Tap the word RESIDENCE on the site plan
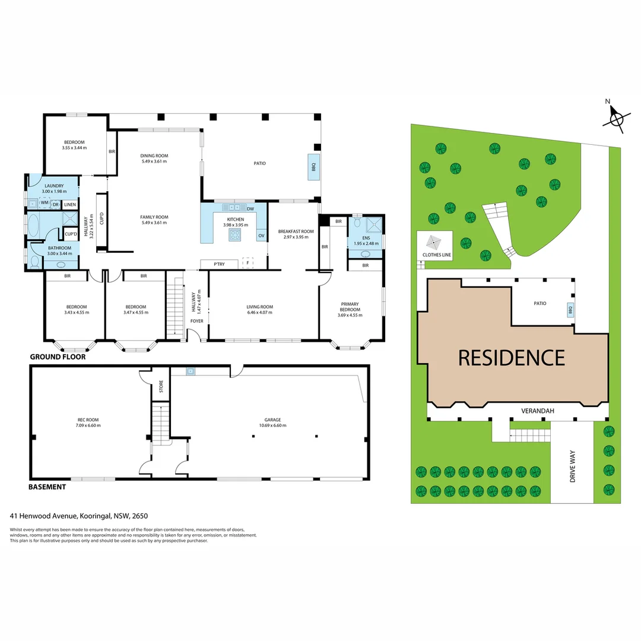click(511, 358)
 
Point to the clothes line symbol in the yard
click(433, 242)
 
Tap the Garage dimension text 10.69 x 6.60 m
click(269, 425)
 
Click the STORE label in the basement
click(160, 389)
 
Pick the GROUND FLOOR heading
click(58, 357)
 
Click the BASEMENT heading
click(47, 487)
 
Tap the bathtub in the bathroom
click(33, 226)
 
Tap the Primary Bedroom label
click(350, 306)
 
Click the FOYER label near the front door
click(196, 321)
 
